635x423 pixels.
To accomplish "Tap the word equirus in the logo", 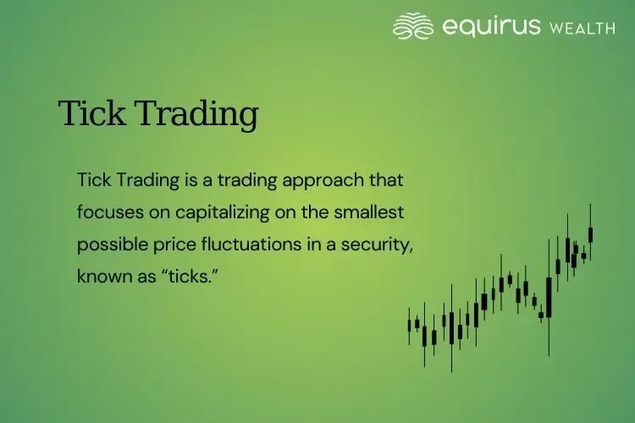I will pyautogui.click(x=491, y=26).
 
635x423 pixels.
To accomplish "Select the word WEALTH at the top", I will pyautogui.click(x=583, y=28).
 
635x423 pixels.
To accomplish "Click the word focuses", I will pyautogui.click(x=106, y=212).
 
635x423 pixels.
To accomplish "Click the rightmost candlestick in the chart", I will pyautogui.click(x=591, y=233).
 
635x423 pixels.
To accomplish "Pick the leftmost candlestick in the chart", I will pyautogui.click(x=410, y=326).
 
